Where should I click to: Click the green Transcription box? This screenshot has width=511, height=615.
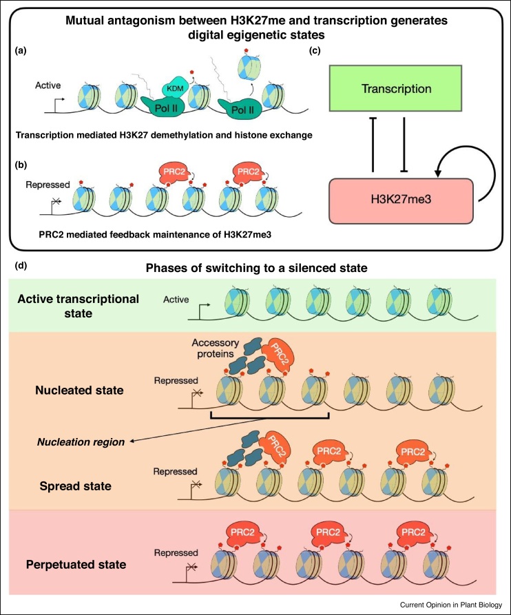coord(403,90)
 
